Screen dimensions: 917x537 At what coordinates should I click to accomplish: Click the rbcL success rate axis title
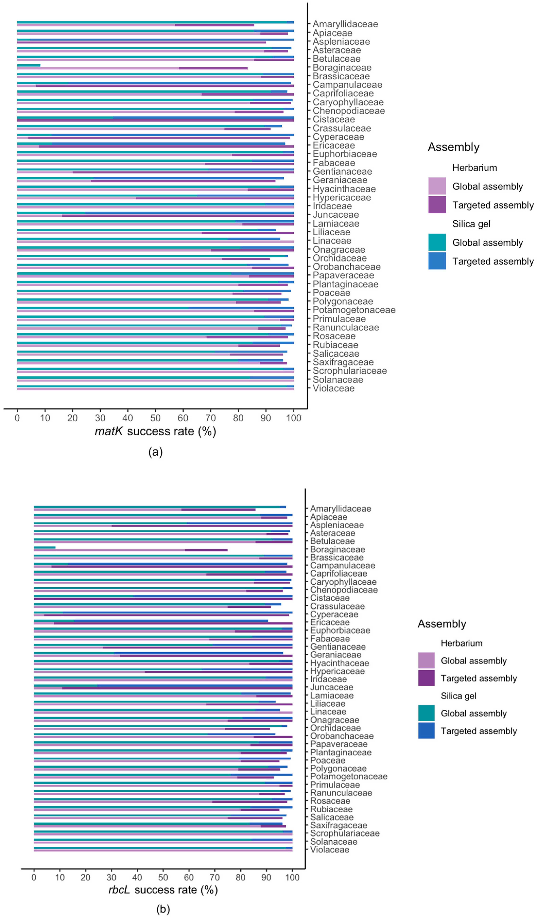click(163, 890)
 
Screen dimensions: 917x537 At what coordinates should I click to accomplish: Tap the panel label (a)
click(155, 452)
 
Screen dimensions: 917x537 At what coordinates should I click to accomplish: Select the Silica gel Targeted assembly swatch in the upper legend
click(437, 261)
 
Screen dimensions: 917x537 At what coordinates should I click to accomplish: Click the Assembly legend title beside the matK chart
click(453, 147)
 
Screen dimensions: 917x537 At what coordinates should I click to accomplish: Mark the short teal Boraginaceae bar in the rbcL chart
click(44, 547)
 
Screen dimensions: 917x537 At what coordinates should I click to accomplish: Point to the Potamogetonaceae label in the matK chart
click(354, 310)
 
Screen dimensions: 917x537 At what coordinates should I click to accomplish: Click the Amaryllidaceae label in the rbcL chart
click(340, 509)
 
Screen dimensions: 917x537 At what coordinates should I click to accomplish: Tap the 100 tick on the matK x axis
click(293, 418)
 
